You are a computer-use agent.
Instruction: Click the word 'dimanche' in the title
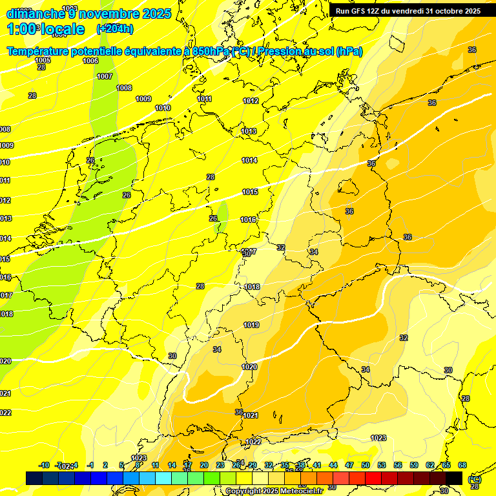click(x=32, y=14)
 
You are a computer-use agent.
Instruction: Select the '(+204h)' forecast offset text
click(x=115, y=28)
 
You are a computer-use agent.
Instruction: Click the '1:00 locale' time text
click(x=45, y=29)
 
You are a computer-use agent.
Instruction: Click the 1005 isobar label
click(x=43, y=60)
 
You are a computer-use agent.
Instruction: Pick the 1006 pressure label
click(x=90, y=61)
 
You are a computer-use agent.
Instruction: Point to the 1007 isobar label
click(x=105, y=76)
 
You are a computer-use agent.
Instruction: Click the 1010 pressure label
click(x=163, y=108)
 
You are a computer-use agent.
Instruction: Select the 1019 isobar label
click(x=251, y=325)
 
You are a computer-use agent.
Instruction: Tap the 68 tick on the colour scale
click(x=462, y=465)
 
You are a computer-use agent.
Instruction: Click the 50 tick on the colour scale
click(x=366, y=465)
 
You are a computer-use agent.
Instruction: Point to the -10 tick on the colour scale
click(x=44, y=465)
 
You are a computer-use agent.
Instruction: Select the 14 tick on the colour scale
click(x=172, y=465)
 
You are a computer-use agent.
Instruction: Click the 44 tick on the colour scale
click(x=333, y=465)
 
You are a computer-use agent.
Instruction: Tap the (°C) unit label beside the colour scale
click(x=475, y=479)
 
